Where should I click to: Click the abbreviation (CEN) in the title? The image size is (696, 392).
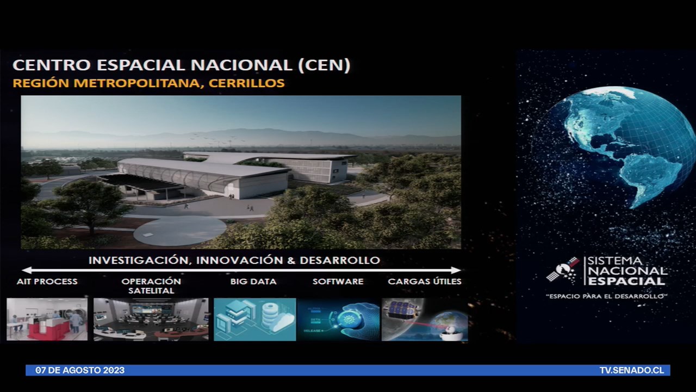324,65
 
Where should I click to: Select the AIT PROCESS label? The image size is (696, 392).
47,281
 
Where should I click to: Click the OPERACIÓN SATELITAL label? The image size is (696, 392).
151,286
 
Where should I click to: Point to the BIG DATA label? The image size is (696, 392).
253,281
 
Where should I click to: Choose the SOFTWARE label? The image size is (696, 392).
338,281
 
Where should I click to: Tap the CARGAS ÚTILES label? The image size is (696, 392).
424,281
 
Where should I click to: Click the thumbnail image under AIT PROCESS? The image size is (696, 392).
47,320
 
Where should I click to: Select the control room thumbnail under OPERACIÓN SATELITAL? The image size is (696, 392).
151,320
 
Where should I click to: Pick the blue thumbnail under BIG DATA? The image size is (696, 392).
254,320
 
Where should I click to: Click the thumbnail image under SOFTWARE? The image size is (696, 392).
338,320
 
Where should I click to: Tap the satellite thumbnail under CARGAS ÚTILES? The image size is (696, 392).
424,320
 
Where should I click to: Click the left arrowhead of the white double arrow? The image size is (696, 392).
26,270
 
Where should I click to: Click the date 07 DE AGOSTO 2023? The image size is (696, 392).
80,370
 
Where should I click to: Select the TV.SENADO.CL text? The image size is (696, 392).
631,370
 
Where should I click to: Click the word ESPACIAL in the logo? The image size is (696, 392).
626,281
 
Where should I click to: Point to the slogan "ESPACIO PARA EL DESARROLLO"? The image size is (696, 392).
606,296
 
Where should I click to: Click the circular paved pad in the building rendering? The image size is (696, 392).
180,231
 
